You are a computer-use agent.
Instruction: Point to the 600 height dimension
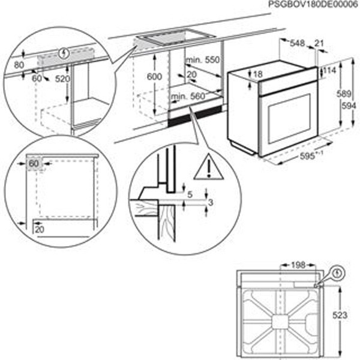coord(155,77)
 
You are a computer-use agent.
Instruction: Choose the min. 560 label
coord(187,96)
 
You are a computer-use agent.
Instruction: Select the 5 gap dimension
coord(189,194)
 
